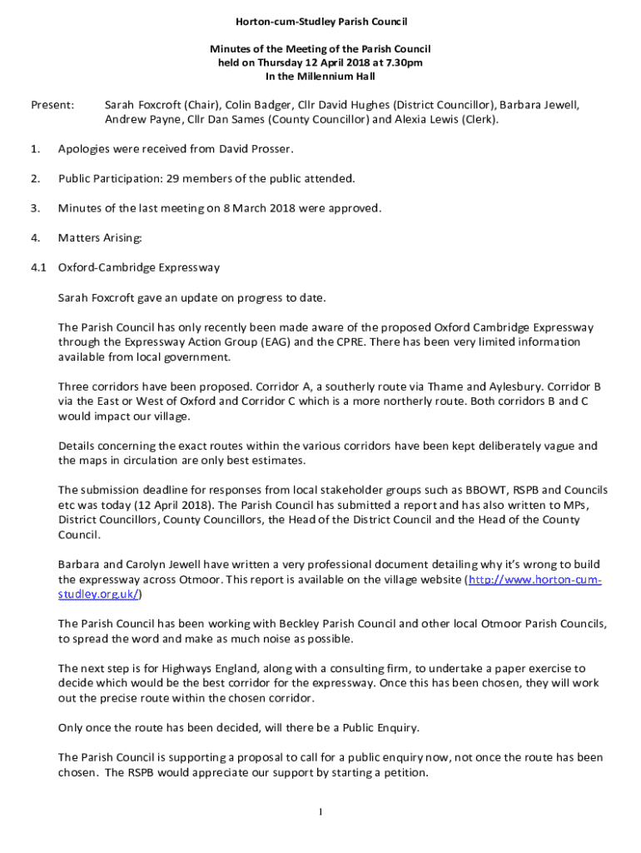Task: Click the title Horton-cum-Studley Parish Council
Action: click(320, 21)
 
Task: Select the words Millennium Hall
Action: click(339, 76)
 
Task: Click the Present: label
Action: click(52, 106)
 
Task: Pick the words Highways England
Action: click(204, 669)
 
